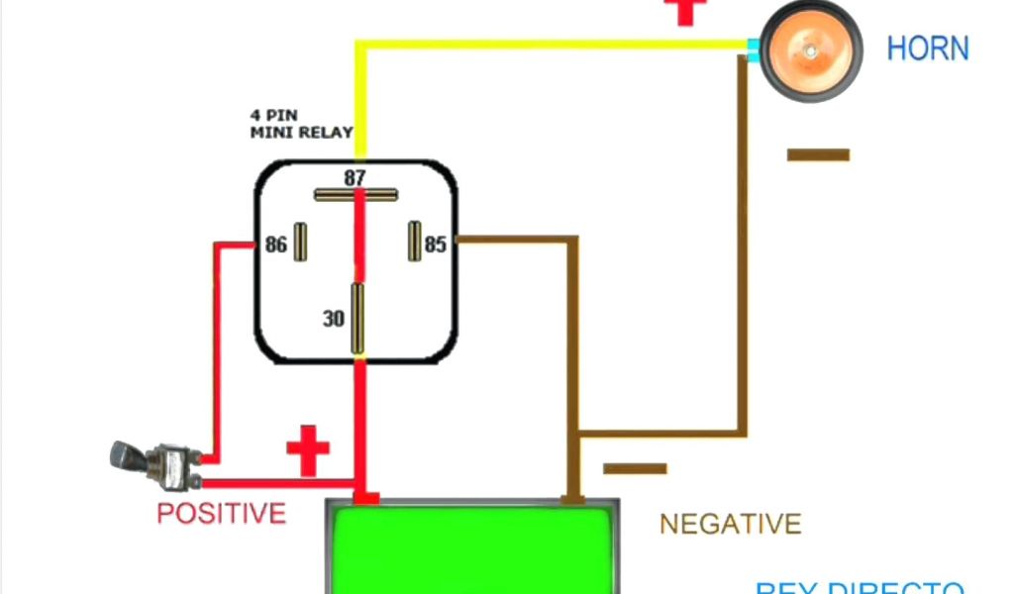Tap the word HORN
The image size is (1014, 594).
click(927, 49)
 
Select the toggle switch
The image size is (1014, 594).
click(153, 464)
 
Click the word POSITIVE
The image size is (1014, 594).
click(221, 513)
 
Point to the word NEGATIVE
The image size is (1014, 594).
click(730, 524)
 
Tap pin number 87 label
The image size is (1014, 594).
click(355, 178)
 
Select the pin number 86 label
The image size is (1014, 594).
click(275, 244)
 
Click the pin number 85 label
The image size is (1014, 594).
click(436, 244)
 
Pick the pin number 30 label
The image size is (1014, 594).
click(334, 319)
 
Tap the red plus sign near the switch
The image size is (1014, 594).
click(308, 450)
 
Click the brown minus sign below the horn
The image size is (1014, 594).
click(818, 154)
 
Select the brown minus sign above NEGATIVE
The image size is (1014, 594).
click(635, 468)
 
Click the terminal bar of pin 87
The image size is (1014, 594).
click(356, 195)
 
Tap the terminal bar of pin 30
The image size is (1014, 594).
click(357, 318)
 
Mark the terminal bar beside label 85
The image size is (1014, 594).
click(414, 242)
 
